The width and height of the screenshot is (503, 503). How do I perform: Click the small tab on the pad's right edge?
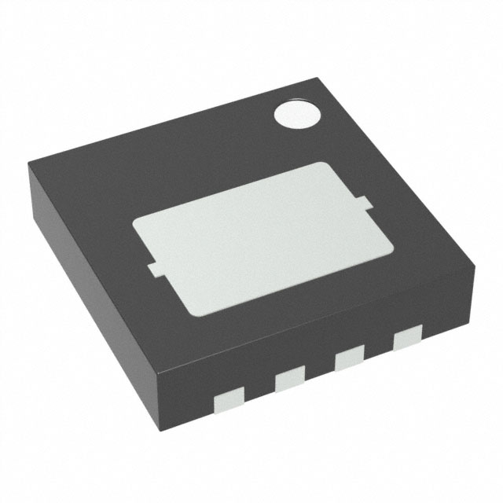click(365, 207)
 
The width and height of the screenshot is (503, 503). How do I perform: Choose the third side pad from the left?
click(348, 360)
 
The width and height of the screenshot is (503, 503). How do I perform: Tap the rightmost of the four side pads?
click(407, 339)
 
